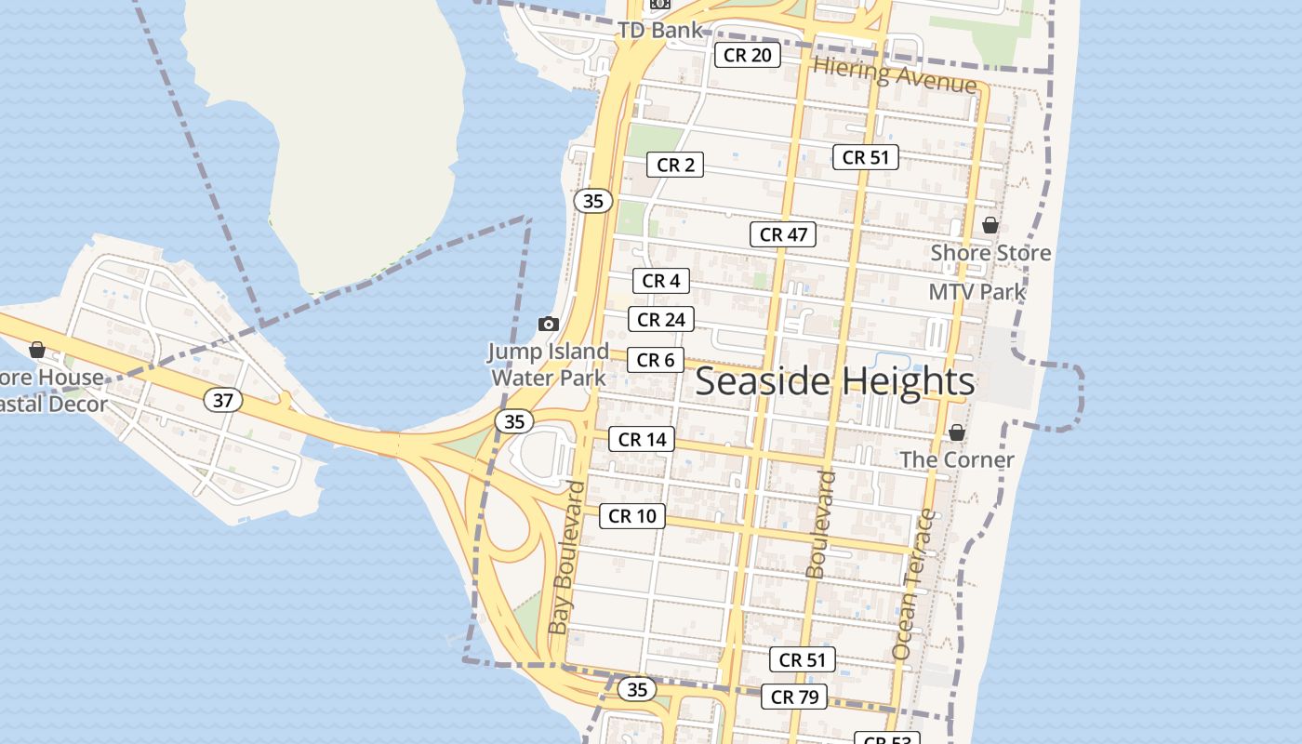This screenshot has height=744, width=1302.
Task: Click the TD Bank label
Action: tap(659, 30)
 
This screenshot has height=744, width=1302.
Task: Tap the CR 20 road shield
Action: tap(747, 55)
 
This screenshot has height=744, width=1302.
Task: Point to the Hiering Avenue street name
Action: tap(895, 74)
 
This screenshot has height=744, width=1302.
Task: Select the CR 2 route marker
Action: tap(675, 166)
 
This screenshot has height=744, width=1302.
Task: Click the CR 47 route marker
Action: tap(783, 234)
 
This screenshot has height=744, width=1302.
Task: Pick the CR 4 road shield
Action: tap(661, 281)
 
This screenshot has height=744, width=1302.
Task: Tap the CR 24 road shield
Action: tap(661, 320)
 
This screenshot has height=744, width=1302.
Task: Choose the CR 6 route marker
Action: tap(656, 360)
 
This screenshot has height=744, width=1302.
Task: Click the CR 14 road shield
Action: tap(642, 440)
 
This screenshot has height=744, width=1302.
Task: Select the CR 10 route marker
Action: tap(632, 516)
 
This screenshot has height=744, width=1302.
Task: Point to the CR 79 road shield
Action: tap(794, 697)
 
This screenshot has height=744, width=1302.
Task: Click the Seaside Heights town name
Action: tap(834, 381)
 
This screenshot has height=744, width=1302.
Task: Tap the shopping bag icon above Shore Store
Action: tap(990, 225)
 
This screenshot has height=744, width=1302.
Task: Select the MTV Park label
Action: tap(976, 292)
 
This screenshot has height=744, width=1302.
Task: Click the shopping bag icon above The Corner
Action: tap(957, 433)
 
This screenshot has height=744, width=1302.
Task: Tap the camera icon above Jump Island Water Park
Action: tap(549, 324)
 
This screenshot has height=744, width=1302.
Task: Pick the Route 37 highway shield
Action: tap(223, 401)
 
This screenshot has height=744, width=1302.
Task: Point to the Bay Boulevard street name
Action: tap(568, 558)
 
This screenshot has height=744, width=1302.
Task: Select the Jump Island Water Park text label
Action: tap(549, 365)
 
